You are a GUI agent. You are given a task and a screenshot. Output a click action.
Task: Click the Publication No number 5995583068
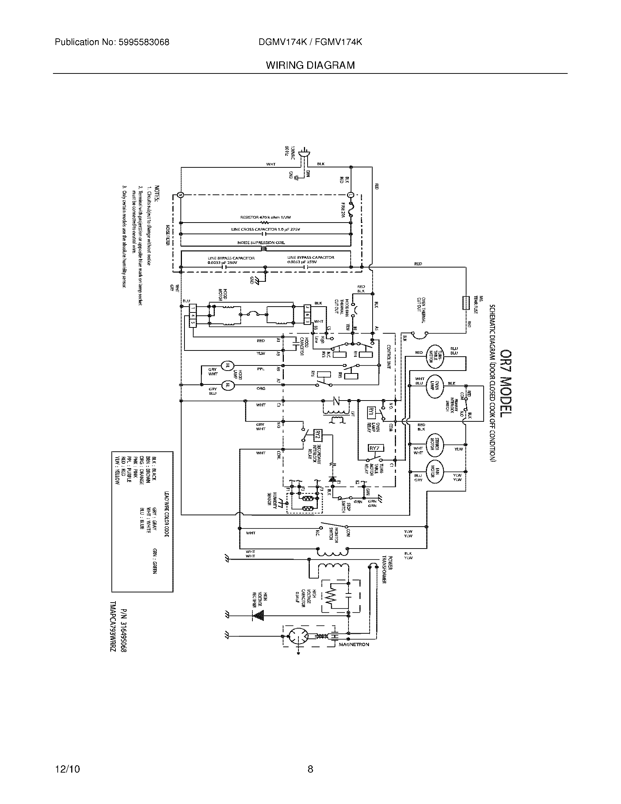(x=144, y=42)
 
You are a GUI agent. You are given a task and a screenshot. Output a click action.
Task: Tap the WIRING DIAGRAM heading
(x=310, y=65)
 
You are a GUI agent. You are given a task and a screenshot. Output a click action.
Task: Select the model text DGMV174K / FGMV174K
(x=310, y=42)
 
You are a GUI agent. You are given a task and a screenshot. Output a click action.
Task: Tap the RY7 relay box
(x=376, y=448)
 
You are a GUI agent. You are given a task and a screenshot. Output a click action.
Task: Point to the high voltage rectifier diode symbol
(x=259, y=614)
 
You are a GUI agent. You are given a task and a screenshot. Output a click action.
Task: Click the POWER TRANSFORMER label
(x=386, y=579)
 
